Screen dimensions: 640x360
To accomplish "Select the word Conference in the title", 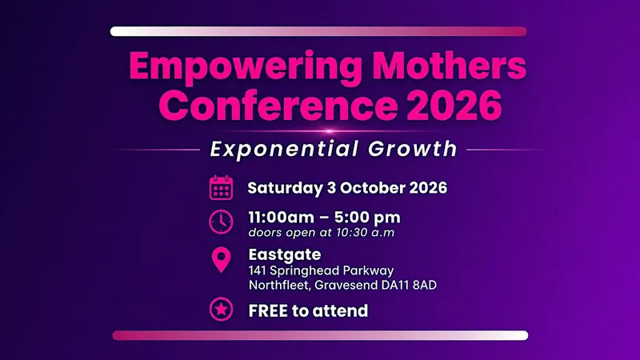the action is (x=278, y=105).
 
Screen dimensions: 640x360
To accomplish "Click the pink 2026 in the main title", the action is (x=454, y=105).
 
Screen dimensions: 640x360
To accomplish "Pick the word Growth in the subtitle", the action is (x=412, y=149).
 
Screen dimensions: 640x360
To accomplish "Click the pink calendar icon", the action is (x=222, y=188).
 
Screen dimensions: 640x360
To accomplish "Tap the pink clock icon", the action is (x=222, y=222).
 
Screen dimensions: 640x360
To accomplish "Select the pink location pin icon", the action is (x=222, y=259).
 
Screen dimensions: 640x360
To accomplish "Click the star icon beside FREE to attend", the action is (x=222, y=310).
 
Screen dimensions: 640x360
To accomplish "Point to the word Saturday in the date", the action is (x=285, y=188).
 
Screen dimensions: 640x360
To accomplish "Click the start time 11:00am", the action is (x=282, y=217).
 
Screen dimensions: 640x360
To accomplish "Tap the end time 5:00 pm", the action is (x=368, y=218).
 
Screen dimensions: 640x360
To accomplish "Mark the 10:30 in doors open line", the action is (x=349, y=233).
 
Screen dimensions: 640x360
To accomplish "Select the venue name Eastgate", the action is (x=285, y=254).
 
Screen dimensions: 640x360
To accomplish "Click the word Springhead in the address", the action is (x=305, y=271).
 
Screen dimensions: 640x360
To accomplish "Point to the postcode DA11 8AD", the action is (x=409, y=285).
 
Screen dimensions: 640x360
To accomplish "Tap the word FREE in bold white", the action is (x=268, y=311).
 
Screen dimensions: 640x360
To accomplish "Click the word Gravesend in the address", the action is (x=346, y=285).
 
